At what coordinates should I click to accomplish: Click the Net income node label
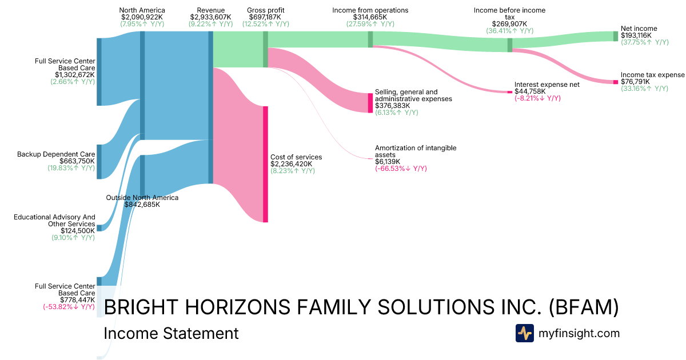[x=639, y=29]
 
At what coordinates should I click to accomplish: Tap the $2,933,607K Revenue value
[x=211, y=17]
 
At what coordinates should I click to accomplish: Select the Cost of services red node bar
[x=265, y=165]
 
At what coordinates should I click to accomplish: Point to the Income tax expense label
[x=652, y=75]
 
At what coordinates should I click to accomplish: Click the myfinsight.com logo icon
[x=525, y=333]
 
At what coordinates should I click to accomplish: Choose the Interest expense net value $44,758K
[x=530, y=91]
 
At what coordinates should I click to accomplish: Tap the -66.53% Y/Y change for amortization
[x=401, y=169]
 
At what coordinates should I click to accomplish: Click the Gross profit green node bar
[x=265, y=49]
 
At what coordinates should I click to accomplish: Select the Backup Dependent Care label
[x=56, y=154]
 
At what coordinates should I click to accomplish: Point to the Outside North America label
[x=142, y=198]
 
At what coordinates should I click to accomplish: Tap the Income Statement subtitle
[x=171, y=333]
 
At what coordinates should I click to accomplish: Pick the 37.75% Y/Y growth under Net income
[x=645, y=42]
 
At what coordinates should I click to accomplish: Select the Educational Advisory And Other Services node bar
[x=99, y=228]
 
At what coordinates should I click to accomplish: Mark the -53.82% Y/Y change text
[x=69, y=307]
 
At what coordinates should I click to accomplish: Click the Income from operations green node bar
[x=370, y=39]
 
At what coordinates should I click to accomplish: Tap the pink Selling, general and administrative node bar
[x=370, y=103]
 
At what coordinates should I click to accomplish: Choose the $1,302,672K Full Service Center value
[x=75, y=75]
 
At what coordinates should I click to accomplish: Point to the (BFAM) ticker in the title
[x=584, y=307]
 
